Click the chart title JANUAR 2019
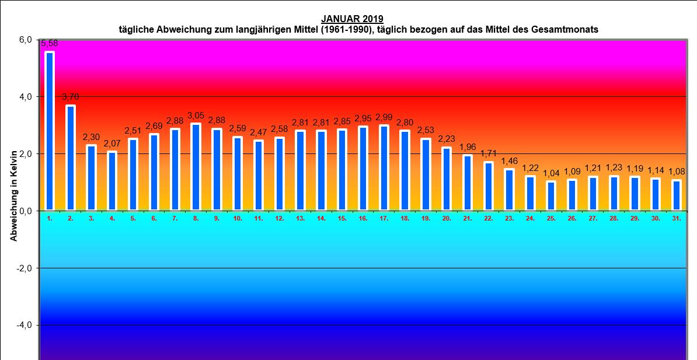[x=352, y=19]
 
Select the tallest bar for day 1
[x=50, y=131]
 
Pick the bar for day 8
[x=196, y=167]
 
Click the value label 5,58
[x=49, y=43]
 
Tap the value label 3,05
[x=196, y=116]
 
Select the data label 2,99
[x=384, y=117]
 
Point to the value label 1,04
[x=551, y=173]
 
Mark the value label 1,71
[x=489, y=154]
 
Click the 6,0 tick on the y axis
[x=25, y=40]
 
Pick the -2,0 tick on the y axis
[x=24, y=268]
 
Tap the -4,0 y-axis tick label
[x=24, y=325]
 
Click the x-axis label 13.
[x=300, y=218]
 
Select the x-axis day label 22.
[x=488, y=218]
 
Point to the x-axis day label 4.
[x=112, y=218]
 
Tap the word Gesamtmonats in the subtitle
[x=565, y=29]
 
